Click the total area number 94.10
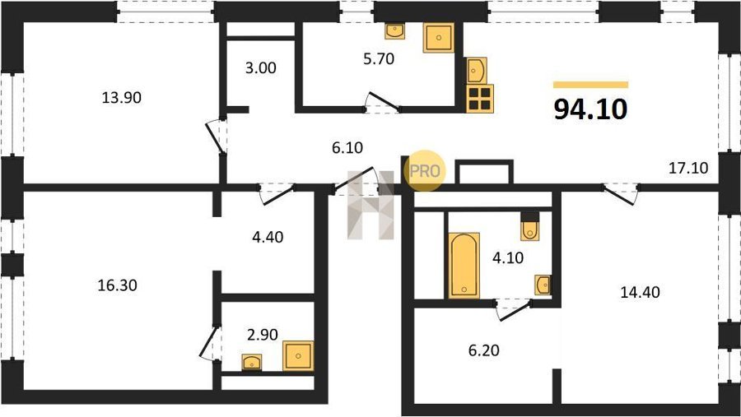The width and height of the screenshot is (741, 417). coord(590,109)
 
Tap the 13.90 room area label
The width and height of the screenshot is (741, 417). coord(122,98)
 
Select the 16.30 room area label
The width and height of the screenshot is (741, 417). coord(117,285)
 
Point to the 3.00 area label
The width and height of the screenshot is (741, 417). coord(261,68)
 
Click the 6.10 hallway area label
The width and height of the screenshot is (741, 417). coord(347,148)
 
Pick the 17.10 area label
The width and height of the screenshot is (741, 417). coord(688,168)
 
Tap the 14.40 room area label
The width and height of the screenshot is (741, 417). coord(640,292)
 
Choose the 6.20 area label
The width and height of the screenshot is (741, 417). coord(484,350)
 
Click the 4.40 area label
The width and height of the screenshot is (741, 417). coord(268,237)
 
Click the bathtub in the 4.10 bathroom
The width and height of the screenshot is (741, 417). coord(464,266)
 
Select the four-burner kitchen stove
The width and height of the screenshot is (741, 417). coord(480,99)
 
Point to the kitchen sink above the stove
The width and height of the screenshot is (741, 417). coord(477,71)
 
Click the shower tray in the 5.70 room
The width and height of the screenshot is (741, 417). coord(439,38)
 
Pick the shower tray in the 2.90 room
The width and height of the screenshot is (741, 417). coord(298,355)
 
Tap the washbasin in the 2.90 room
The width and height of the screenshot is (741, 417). coord(252,362)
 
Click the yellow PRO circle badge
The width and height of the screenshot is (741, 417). coord(425,170)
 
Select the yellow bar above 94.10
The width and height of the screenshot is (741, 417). coord(590,85)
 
